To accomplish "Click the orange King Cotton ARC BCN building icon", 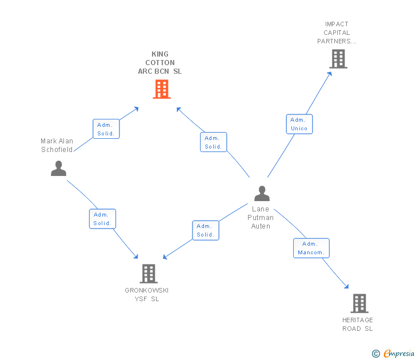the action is click(162, 89).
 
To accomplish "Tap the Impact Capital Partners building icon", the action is click(338, 59).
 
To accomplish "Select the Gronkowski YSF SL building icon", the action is click(149, 274).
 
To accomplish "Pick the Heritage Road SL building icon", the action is click(359, 303).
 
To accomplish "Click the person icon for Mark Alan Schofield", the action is click(58, 169).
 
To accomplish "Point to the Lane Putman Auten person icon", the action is click(262, 194).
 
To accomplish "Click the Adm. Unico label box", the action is click(299, 124).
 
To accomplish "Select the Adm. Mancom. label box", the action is click(311, 248).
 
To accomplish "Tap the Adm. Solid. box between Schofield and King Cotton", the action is click(106, 129).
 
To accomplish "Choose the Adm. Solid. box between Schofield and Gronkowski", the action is click(102, 219).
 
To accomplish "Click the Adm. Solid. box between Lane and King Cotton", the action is click(214, 142).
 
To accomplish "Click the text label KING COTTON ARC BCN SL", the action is click(160, 63).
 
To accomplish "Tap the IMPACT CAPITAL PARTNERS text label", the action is click(337, 33).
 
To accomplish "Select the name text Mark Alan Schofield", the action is click(57, 145).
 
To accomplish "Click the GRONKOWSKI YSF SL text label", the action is click(147, 294).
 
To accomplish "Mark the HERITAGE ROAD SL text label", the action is click(358, 324).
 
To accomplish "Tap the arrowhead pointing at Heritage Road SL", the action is click(346, 286).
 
